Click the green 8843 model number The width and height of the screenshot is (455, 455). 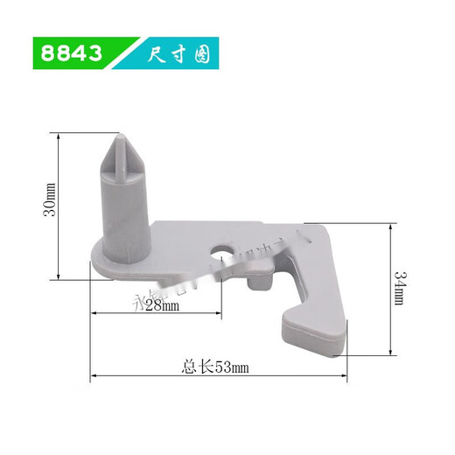point(71,53)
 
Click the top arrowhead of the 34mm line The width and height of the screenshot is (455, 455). point(388,223)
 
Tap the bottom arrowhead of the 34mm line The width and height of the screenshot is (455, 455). point(388,353)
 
